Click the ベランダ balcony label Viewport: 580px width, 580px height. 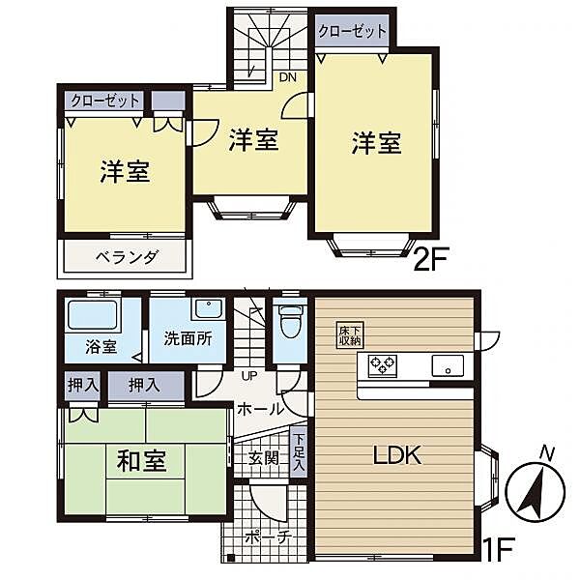(127, 257)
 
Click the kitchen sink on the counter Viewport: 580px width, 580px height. (449, 366)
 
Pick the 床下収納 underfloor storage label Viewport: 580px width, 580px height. (350, 333)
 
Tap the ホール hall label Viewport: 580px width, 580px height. (261, 408)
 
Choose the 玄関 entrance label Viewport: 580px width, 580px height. (264, 457)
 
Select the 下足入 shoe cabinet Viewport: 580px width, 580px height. (299, 451)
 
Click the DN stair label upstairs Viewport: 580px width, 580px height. (288, 77)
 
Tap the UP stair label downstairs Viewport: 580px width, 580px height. (249, 376)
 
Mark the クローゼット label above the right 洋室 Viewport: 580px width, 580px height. (353, 31)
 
